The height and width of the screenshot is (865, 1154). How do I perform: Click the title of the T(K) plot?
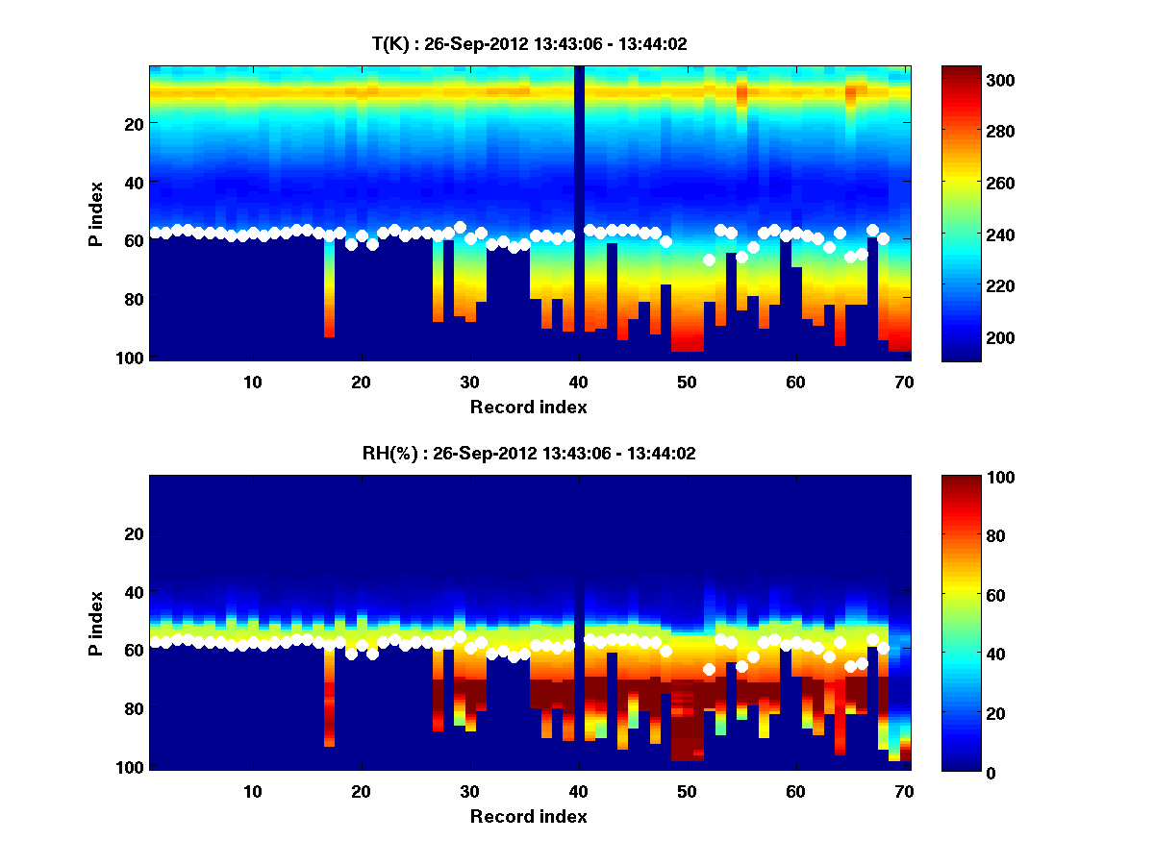[529, 44]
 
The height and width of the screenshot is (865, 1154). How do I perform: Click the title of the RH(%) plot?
[529, 454]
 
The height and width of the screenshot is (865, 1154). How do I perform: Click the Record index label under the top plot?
[529, 408]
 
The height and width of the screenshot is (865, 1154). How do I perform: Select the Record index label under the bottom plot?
[529, 817]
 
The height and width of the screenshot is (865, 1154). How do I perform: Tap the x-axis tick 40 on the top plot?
[578, 382]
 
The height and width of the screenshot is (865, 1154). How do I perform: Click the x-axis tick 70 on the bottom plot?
[904, 791]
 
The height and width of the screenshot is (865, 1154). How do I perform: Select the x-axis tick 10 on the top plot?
[252, 382]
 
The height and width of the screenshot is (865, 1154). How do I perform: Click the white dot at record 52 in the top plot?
[709, 259]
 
